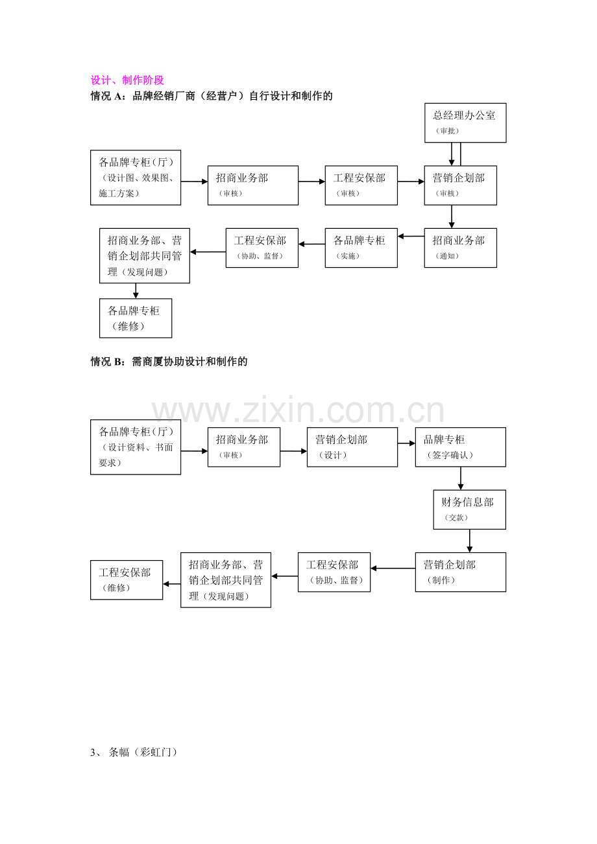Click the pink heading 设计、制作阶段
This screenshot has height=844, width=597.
pos(127,80)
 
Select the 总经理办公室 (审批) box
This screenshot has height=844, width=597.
pos(465,123)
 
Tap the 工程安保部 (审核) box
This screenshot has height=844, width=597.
pos(361,185)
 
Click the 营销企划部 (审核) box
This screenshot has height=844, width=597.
pos(460,185)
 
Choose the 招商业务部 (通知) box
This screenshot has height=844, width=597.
pos(460,248)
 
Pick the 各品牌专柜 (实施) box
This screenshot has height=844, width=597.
pos(361,248)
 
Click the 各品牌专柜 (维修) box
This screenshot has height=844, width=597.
pos(136,318)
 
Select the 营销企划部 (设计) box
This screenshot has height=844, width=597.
pos(352,447)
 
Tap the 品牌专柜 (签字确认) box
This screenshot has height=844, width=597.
pos(461,447)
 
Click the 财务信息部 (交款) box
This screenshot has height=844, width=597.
pos(469,510)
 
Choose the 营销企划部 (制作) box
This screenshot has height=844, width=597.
pos(461,572)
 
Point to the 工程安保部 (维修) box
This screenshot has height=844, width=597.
pos(127,580)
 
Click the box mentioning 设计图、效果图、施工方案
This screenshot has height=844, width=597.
pos(136,178)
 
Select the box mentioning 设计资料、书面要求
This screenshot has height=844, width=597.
pos(136,447)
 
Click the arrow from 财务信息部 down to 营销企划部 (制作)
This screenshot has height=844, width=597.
pos(470,541)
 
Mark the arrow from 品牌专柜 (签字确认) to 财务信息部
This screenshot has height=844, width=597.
pos(461,478)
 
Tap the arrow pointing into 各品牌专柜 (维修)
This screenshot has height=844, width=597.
pos(136,290)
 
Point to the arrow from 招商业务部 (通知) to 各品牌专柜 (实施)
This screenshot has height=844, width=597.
pos(411,236)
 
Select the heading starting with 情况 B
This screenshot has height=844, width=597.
pos(169,362)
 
